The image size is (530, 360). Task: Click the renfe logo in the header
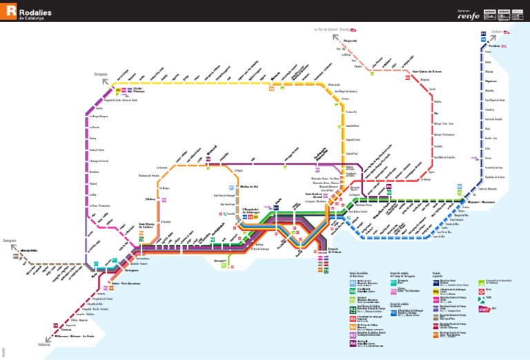[470, 15]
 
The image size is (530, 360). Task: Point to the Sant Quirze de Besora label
[426, 71]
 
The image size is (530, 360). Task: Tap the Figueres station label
[491, 81]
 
